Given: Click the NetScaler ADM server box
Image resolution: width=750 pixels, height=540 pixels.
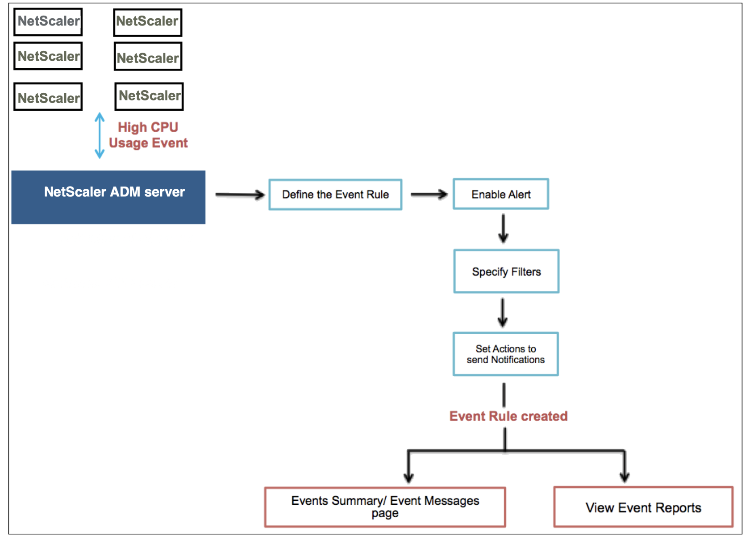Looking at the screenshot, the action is [108, 197].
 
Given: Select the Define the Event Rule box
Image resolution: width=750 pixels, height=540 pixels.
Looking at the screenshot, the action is [335, 195].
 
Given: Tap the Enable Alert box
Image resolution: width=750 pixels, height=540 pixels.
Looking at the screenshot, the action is [501, 194].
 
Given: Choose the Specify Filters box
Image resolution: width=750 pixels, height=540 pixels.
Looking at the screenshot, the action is [506, 271].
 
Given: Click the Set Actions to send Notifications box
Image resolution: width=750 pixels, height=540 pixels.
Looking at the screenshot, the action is [505, 354].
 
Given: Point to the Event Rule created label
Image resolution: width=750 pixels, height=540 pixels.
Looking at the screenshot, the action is [508, 416].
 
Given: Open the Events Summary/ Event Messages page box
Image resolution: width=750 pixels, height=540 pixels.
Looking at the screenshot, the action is [385, 507].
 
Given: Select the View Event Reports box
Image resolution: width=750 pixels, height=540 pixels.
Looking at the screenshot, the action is [643, 507].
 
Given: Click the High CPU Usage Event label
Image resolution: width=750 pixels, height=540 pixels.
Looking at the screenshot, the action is [148, 135].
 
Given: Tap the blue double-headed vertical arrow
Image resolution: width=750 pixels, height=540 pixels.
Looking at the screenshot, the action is [100, 135].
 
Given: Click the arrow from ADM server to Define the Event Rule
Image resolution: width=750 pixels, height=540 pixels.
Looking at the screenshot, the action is [240, 195].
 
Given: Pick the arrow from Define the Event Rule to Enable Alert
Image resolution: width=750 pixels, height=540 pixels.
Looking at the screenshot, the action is [429, 194].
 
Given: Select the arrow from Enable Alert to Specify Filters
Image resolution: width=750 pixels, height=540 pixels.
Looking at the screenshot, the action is [503, 228].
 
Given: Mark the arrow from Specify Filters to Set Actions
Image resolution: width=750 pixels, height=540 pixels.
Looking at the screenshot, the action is [503, 313].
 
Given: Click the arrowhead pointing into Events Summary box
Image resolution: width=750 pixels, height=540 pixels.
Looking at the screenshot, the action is [408, 478].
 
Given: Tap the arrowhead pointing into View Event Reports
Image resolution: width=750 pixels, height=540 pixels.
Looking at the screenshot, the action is [625, 477].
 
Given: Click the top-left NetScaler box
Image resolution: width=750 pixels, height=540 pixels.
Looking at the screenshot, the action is [48, 22].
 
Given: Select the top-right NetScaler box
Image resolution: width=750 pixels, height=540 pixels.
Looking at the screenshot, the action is [148, 22].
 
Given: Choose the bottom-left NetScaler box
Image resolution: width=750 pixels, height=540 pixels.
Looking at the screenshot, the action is [48, 97].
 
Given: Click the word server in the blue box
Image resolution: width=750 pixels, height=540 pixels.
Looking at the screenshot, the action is [164, 192].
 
